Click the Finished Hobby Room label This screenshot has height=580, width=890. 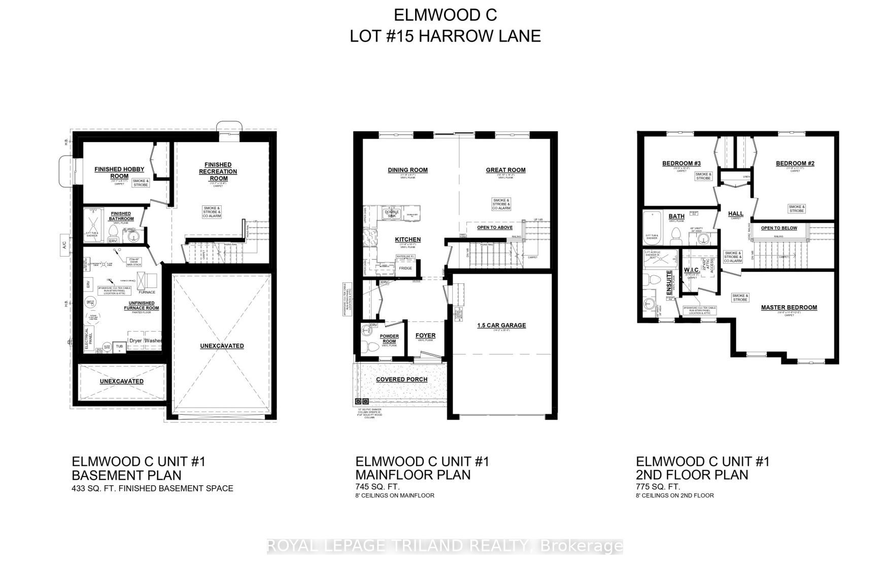tap(119, 172)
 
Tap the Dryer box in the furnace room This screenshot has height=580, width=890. tap(135, 341)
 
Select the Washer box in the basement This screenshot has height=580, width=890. tap(153, 341)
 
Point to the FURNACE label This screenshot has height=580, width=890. tap(147, 292)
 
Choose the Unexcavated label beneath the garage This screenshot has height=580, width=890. tap(221, 346)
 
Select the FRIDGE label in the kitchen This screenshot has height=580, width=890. tap(405, 268)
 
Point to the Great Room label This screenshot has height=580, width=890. tap(505, 170)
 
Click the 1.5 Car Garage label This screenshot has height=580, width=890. tap(501, 325)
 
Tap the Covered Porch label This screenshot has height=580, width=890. tap(401, 379)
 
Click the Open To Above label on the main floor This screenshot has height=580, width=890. tap(495, 228)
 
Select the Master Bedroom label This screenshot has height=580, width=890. tap(789, 307)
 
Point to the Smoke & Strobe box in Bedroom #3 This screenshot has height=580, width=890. tap(703, 176)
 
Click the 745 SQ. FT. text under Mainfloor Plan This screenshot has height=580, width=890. tap(378, 487)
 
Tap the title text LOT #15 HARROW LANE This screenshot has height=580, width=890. tap(445, 36)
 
